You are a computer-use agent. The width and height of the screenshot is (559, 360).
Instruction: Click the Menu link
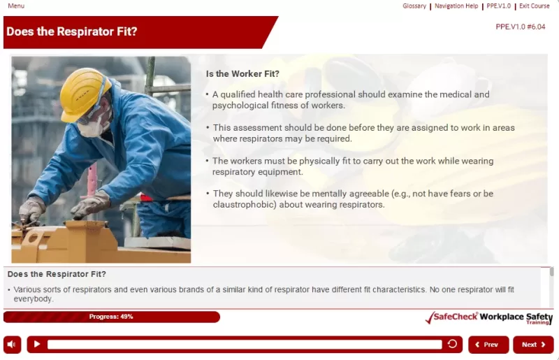(16, 6)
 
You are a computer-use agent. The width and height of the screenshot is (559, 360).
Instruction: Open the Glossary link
(414, 6)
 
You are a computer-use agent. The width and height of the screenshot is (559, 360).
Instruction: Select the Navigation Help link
(456, 6)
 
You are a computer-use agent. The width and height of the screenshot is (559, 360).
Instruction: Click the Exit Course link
(535, 6)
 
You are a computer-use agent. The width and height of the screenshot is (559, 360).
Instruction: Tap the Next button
(533, 345)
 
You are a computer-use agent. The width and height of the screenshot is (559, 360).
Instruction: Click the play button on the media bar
(37, 345)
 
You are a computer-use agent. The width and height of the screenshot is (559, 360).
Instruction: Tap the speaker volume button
(13, 345)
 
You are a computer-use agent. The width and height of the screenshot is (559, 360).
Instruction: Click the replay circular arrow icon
(452, 344)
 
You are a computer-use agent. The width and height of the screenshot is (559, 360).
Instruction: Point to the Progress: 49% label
(111, 317)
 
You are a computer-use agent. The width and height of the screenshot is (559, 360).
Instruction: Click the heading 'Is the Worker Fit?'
(242, 73)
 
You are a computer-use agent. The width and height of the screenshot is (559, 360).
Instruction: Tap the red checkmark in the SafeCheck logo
(431, 317)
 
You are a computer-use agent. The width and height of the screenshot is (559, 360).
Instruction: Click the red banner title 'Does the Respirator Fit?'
(72, 31)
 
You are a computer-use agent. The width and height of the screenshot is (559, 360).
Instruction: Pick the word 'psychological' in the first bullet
(240, 106)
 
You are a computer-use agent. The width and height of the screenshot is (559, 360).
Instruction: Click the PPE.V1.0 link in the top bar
(499, 6)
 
